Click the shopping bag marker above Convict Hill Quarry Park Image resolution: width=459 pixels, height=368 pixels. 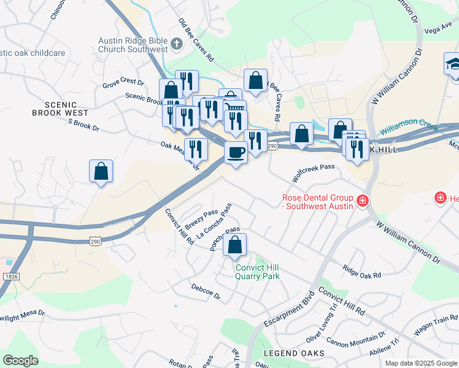(x=235, y=245)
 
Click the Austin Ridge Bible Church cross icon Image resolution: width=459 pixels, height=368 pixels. (x=177, y=44)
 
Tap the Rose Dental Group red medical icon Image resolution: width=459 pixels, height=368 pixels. (x=363, y=201)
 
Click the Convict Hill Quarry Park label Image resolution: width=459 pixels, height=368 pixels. (x=258, y=272)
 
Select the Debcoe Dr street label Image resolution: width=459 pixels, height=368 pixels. (x=206, y=291)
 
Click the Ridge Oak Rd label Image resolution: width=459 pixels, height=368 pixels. (x=362, y=271)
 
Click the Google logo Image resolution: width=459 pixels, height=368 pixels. (x=21, y=361)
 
